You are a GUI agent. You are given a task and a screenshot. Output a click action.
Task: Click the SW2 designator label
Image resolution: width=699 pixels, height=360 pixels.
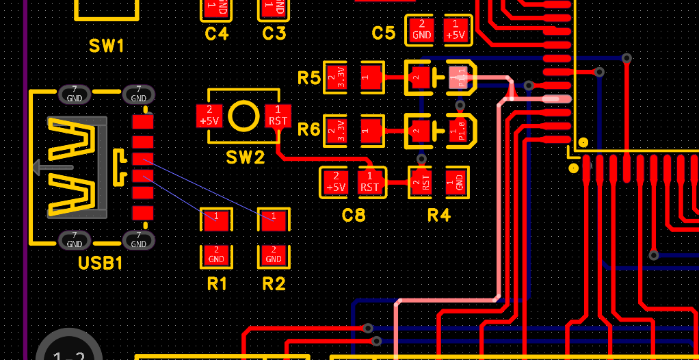(245, 157)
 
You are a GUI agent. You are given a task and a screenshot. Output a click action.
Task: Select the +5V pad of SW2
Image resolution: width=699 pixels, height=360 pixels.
(209, 116)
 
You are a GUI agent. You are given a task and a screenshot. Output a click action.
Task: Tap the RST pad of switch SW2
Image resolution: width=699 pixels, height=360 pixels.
(278, 116)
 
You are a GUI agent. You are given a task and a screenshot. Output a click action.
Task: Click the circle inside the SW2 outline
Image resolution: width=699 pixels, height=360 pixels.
(243, 116)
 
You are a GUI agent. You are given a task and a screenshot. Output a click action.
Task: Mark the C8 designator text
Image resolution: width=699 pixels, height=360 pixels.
(353, 216)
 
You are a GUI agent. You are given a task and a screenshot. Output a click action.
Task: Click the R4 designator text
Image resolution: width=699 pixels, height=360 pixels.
(439, 216)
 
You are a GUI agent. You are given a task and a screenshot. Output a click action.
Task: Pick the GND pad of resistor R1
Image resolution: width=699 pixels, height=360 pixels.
(216, 255)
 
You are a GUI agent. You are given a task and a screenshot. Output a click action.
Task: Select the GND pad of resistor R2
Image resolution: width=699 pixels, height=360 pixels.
(274, 255)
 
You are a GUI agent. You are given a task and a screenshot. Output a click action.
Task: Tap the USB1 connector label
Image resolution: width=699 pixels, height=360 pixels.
(100, 263)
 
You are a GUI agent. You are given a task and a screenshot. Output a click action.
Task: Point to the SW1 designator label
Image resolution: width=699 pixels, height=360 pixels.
(107, 47)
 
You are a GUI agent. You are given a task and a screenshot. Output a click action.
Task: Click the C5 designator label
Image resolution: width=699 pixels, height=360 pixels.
(384, 33)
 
